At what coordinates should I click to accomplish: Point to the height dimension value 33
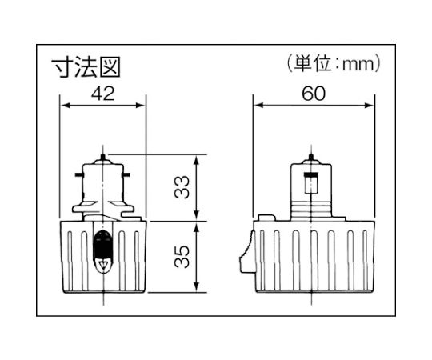(x=183, y=188)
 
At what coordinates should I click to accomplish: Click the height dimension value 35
(x=183, y=258)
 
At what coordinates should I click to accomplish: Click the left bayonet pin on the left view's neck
(x=78, y=173)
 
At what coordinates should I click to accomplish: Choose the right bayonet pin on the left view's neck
(x=130, y=173)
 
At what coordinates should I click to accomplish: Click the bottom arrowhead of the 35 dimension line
(x=198, y=292)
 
